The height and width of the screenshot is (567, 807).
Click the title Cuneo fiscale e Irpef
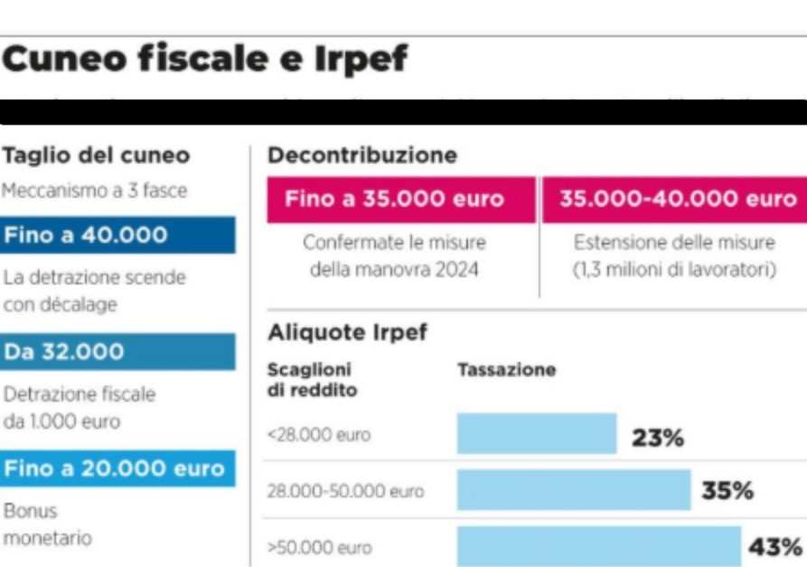pyautogui.click(x=205, y=60)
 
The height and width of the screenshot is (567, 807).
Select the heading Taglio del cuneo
pyautogui.click(x=96, y=155)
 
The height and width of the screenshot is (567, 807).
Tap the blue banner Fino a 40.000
pyautogui.click(x=117, y=236)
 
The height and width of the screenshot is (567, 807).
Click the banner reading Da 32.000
pyautogui.click(x=117, y=352)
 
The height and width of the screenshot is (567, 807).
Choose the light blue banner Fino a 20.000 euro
pyautogui.click(x=117, y=469)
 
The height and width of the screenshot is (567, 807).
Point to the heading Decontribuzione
pyautogui.click(x=361, y=155)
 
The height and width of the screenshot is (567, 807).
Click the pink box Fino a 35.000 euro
pyautogui.click(x=401, y=200)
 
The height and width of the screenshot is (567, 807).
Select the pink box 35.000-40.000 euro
pyautogui.click(x=674, y=200)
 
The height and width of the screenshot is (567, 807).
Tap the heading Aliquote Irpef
pyautogui.click(x=347, y=332)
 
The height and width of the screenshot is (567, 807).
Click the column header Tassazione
pyautogui.click(x=506, y=370)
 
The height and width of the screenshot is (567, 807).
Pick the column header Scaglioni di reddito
pyautogui.click(x=312, y=380)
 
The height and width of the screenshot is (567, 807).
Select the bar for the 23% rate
pyautogui.click(x=536, y=434)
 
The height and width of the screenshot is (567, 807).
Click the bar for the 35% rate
pyautogui.click(x=573, y=490)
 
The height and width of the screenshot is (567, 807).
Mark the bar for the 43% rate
pyautogui.click(x=598, y=546)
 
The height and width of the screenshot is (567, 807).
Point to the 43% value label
pyautogui.click(x=774, y=547)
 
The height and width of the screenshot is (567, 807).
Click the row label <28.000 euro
pyautogui.click(x=319, y=435)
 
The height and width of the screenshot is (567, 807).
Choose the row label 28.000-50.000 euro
pyautogui.click(x=344, y=491)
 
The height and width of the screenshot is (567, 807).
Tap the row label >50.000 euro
pyautogui.click(x=319, y=547)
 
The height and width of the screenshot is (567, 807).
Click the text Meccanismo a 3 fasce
pyautogui.click(x=94, y=191)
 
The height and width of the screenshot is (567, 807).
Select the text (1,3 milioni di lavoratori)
pyautogui.click(x=674, y=269)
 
